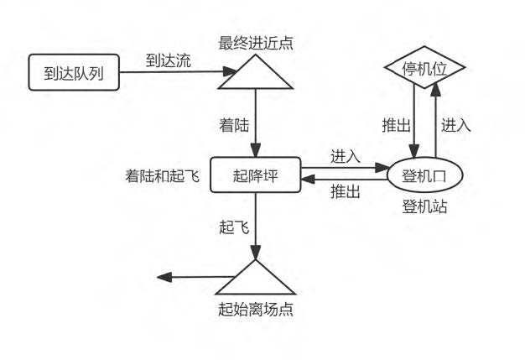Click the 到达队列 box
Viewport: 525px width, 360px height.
[x=74, y=72]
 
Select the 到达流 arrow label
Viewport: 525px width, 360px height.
[x=169, y=60]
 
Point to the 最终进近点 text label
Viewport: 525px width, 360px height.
[x=256, y=43]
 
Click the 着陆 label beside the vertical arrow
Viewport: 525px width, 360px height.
[x=234, y=126]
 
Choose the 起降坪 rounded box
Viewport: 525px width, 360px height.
[x=256, y=175]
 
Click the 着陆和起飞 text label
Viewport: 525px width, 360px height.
[x=163, y=176]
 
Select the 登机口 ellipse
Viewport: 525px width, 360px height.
[x=425, y=175]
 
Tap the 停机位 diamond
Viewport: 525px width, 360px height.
[x=424, y=67]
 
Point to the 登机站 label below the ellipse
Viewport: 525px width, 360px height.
[x=424, y=206]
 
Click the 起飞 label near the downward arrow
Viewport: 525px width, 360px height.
[x=234, y=227]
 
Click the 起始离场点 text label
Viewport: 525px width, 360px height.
[x=256, y=309]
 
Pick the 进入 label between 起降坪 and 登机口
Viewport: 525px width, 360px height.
[x=346, y=156]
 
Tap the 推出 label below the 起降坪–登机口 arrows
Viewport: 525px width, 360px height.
[x=346, y=192]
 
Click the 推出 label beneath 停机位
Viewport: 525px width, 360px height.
[x=397, y=126]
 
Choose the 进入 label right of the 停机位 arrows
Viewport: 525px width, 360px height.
[x=455, y=126]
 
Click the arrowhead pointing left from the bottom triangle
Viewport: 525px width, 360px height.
[x=164, y=277]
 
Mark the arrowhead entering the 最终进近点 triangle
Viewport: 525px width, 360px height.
[x=230, y=71]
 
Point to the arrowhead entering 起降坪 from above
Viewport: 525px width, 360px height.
[x=256, y=150]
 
